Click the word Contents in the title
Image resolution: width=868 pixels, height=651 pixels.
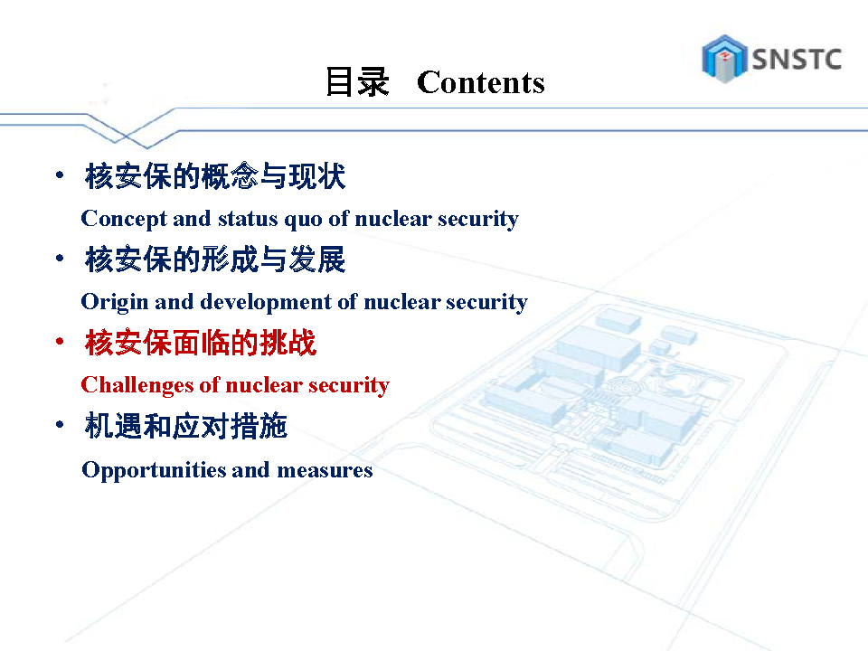pos(480,82)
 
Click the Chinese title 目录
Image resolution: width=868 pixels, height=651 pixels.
pos(357,82)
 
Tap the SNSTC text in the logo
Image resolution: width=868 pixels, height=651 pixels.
pos(797,60)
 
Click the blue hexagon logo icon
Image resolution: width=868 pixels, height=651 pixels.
pos(724,59)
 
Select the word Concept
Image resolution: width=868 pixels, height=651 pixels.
pos(124,219)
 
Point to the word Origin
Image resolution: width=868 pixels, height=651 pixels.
pos(115,303)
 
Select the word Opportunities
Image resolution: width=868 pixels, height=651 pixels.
pos(154,471)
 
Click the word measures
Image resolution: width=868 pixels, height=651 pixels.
pos(325,470)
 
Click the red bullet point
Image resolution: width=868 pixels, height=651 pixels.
pos(60,342)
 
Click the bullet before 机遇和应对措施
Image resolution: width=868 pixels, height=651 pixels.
pos(60,425)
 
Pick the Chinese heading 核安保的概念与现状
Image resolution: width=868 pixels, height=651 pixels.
pos(215,176)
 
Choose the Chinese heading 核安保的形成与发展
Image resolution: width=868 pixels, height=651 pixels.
pos(215,259)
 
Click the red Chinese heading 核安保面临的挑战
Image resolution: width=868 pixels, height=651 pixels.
pos(201,343)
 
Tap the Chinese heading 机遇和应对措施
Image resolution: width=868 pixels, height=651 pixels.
pos(186,426)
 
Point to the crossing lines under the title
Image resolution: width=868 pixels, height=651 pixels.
pos(127,135)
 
